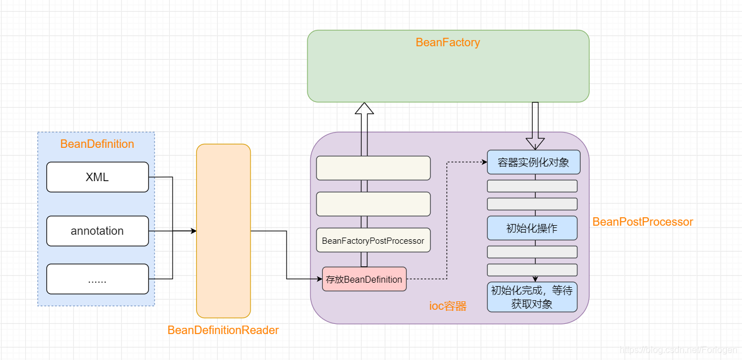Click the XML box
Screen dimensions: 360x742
tap(97, 177)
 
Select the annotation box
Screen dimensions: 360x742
tap(97, 231)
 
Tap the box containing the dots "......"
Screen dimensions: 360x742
tap(97, 279)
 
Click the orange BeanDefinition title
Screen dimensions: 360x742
tap(97, 144)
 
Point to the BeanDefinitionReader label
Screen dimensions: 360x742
tap(223, 330)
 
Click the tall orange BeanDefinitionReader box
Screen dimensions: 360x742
tap(223, 231)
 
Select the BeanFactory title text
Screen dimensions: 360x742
tap(447, 42)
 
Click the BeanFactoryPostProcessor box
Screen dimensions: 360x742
tap(373, 240)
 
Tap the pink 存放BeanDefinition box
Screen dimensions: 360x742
tap(364, 279)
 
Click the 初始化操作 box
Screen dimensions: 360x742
tap(532, 228)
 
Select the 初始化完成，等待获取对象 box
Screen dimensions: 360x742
tap(532, 297)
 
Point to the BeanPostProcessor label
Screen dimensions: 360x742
tap(642, 222)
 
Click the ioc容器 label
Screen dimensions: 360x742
tap(448, 306)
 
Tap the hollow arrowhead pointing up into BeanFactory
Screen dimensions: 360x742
tap(364, 109)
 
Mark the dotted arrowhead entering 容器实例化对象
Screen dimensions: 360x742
tap(484, 163)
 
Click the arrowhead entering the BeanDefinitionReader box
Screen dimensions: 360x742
tap(193, 231)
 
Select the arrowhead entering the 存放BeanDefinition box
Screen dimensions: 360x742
tap(319, 279)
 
